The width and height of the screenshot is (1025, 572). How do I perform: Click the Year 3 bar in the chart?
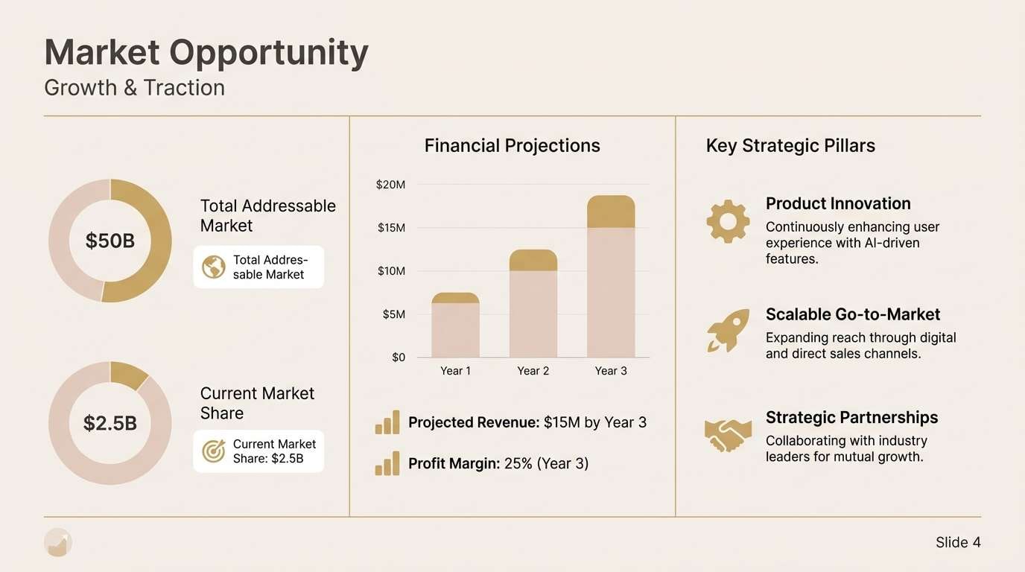[611, 276]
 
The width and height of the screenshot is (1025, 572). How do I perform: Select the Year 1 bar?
[456, 325]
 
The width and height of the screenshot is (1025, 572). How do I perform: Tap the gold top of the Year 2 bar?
[533, 261]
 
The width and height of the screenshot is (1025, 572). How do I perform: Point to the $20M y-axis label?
[390, 185]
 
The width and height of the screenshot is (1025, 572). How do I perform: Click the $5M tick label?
[393, 314]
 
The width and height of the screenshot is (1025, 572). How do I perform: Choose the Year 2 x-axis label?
[533, 371]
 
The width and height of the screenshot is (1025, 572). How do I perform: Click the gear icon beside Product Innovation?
[728, 221]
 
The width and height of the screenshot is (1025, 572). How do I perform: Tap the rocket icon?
[728, 331]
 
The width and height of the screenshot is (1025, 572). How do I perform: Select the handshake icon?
[728, 435]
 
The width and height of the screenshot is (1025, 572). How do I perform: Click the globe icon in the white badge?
[214, 267]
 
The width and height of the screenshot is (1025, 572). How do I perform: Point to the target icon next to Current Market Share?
[214, 451]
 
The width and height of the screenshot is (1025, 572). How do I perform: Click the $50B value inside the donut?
[110, 241]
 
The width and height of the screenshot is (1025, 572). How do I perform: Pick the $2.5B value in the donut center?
[110, 423]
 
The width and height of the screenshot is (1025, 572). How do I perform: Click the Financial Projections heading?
[512, 146]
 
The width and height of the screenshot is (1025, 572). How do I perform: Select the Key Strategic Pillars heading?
[790, 146]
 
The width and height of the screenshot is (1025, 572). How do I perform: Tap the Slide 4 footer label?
[958, 542]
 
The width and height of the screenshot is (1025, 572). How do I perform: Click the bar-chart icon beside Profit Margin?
[387, 463]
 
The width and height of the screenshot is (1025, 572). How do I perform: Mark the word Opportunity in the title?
[269, 54]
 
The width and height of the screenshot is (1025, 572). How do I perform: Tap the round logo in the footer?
[58, 543]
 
